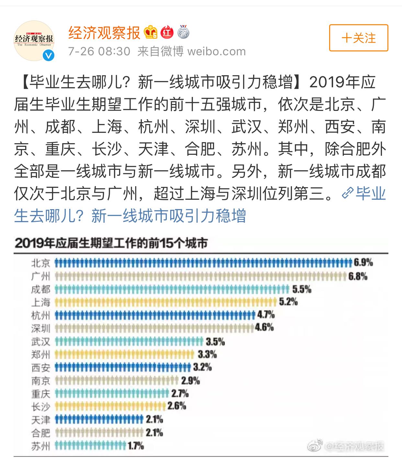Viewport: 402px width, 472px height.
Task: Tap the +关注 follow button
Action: click(358, 38)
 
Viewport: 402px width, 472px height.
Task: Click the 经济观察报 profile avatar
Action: click(34, 41)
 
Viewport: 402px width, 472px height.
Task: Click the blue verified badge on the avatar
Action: click(49, 56)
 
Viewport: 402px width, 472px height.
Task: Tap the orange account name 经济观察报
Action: click(104, 33)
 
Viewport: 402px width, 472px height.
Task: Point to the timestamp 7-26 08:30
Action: click(99, 51)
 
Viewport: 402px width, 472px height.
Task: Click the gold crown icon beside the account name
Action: click(151, 32)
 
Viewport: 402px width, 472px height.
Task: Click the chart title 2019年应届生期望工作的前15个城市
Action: click(111, 243)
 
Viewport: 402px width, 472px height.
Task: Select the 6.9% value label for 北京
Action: click(363, 263)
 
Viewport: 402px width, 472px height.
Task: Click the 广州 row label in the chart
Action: click(41, 276)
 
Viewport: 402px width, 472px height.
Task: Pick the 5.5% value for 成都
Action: click(302, 289)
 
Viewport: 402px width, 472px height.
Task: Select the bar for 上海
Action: click(166, 302)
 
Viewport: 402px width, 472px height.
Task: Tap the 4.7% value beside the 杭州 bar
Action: click(266, 314)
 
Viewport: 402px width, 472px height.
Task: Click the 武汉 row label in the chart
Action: click(41, 341)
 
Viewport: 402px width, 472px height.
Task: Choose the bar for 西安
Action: click(123, 367)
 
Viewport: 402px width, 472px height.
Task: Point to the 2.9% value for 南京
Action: click(190, 381)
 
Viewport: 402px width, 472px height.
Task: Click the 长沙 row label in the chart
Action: click(41, 407)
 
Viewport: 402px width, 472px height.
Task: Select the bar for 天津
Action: click(99, 420)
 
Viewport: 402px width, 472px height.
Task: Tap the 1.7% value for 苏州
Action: click(136, 446)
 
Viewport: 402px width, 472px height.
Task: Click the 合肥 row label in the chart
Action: click(41, 433)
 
